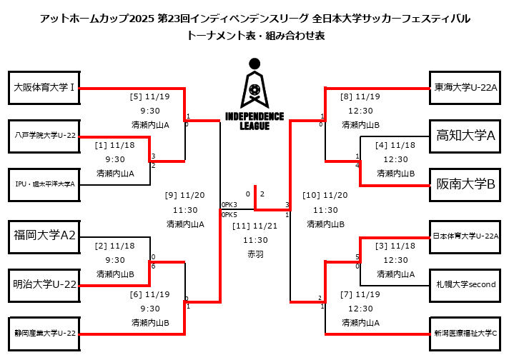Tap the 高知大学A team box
[465, 135]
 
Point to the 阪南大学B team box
[465, 184]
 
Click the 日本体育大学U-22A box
[465, 235]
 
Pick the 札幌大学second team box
[465, 284]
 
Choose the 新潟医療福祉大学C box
[465, 332]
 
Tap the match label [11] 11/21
[255, 226]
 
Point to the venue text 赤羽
[255, 254]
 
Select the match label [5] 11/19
[150, 96]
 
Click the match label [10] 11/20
[325, 195]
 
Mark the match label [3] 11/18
[395, 246]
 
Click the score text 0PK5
[229, 214]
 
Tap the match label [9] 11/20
[184, 195]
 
